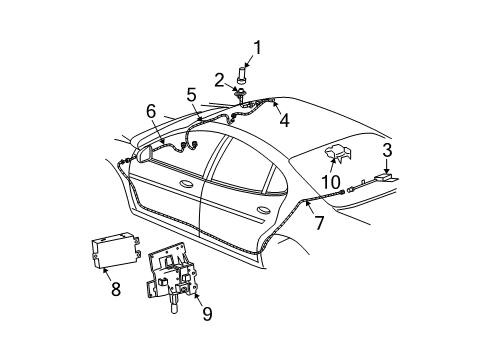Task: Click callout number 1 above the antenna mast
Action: tap(257, 46)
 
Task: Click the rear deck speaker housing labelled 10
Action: tap(339, 153)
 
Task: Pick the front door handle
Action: tap(187, 186)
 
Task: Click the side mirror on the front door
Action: tap(143, 155)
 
